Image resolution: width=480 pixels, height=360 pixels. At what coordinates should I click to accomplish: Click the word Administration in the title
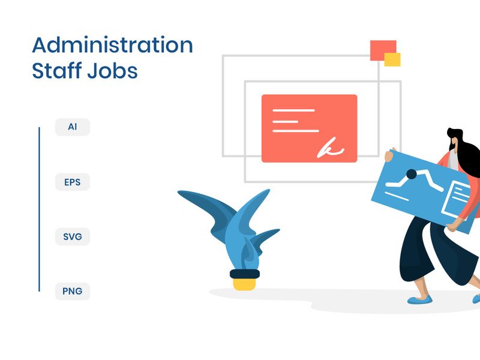click(112, 46)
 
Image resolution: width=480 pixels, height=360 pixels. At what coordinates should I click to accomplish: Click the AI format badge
click(73, 127)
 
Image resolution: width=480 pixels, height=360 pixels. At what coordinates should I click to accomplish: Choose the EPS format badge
click(73, 182)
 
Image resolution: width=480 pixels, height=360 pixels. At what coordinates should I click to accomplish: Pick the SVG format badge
click(73, 236)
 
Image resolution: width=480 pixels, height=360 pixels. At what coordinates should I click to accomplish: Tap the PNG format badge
click(73, 292)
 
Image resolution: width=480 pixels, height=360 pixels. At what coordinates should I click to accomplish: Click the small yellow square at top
click(392, 59)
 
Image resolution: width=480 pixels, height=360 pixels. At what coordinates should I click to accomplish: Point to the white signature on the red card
click(331, 148)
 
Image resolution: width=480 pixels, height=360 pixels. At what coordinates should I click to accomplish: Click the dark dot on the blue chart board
click(412, 175)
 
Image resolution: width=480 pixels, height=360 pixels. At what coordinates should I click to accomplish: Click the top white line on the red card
click(293, 110)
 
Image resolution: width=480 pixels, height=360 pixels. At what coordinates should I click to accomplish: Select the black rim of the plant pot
click(244, 274)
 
